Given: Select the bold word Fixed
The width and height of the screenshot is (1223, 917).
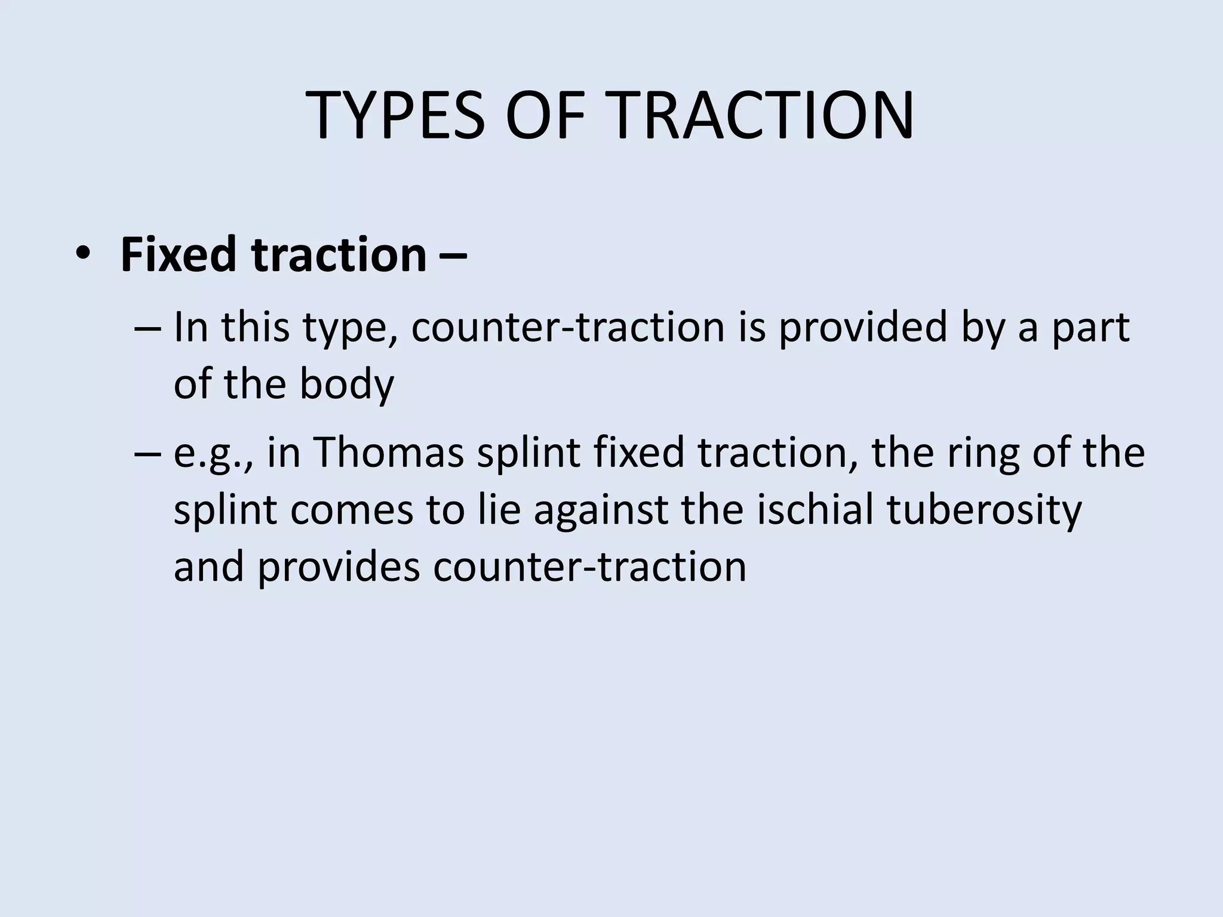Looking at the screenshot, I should tap(179, 255).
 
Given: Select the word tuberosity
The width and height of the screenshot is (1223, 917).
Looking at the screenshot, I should tap(985, 510).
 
